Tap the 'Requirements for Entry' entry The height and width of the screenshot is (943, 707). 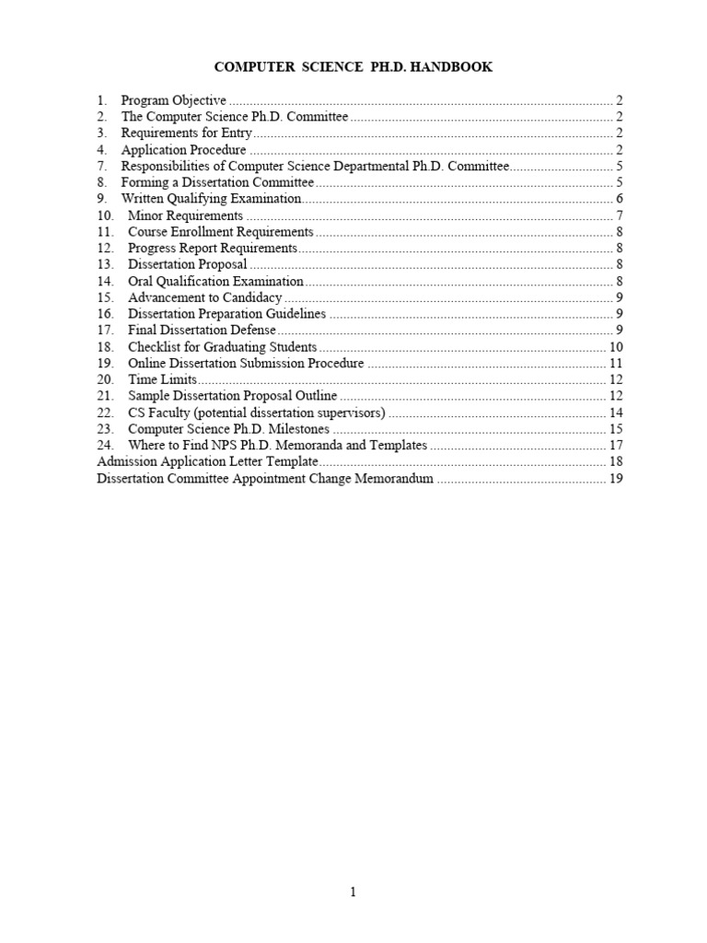coord(186,134)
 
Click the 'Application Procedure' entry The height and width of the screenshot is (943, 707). coord(183,150)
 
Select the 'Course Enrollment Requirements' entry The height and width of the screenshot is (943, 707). coord(220,232)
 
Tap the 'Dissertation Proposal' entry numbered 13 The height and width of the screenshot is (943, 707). coord(187,265)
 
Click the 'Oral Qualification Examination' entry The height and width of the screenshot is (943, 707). coord(215,282)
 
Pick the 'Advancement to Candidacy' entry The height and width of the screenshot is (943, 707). coord(204,298)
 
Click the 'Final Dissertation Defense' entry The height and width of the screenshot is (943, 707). coord(202,331)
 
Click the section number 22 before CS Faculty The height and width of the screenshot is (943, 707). coord(105,413)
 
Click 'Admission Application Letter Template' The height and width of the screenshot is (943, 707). coord(207,462)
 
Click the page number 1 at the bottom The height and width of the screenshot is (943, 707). coord(353,891)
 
